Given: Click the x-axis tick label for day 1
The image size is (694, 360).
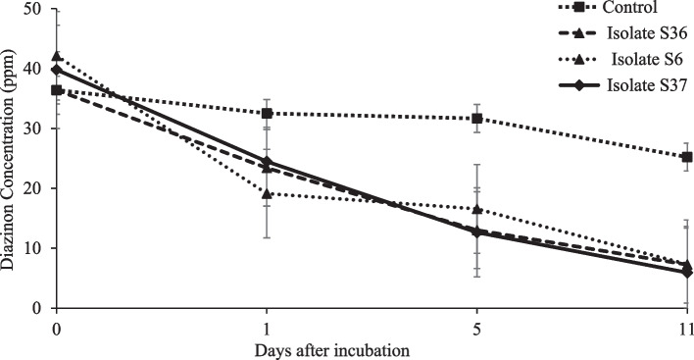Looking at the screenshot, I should (x=267, y=327).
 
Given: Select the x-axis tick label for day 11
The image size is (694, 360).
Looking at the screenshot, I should (x=685, y=327).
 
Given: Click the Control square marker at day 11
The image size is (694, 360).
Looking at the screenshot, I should (x=686, y=157).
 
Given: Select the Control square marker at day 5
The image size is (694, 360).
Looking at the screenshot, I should (x=477, y=119).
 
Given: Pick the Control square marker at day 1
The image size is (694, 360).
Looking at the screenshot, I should (x=267, y=114).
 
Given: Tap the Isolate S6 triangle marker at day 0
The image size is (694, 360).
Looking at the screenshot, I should (x=57, y=57).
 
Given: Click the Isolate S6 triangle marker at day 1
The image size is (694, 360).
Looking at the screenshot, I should (x=267, y=193).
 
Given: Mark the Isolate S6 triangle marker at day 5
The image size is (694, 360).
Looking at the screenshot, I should (x=477, y=209).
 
